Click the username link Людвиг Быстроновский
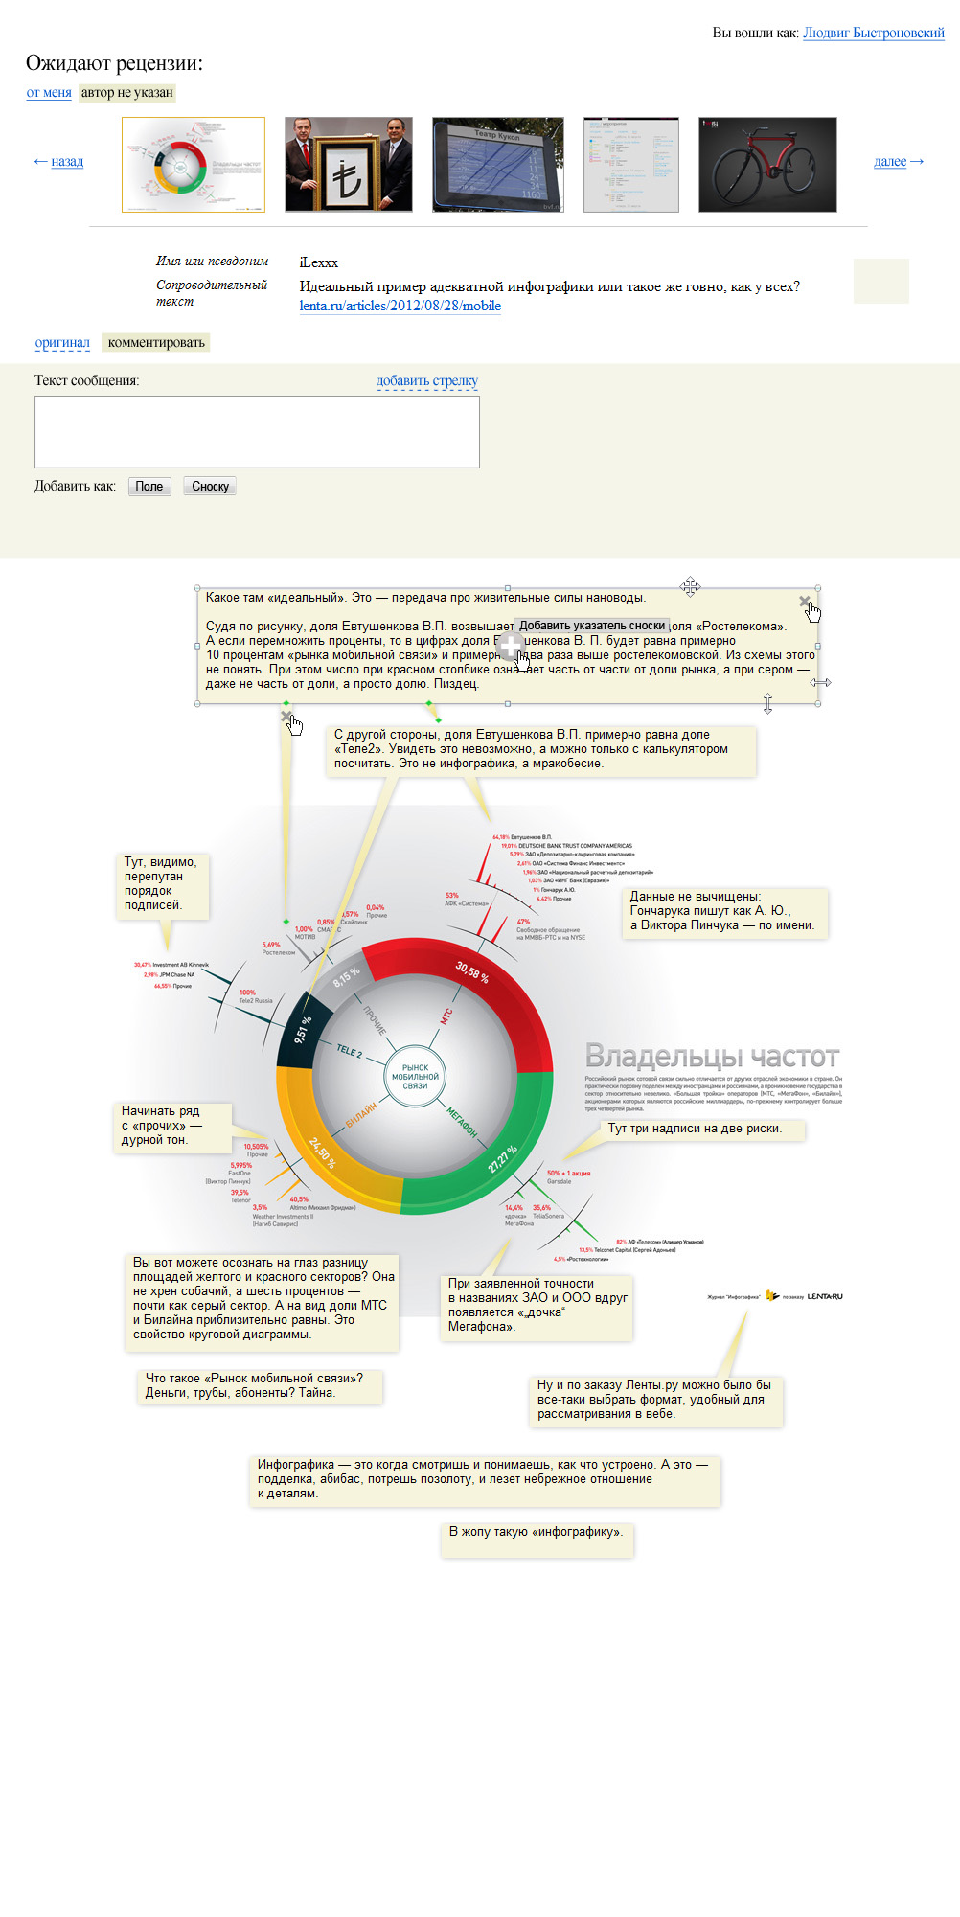[873, 33]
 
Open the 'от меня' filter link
[49, 93]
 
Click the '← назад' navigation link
[58, 161]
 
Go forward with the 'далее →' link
[899, 161]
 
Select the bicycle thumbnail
[767, 165]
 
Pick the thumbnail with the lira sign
[348, 165]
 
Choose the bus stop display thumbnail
[497, 165]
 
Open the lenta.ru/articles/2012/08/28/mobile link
[400, 306]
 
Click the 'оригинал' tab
[62, 343]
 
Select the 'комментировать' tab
[156, 343]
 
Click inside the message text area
[257, 432]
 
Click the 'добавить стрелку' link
[426, 380]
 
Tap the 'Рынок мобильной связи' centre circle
[415, 1077]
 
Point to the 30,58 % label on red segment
[472, 971]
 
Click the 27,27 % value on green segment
[502, 1158]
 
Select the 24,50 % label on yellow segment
[322, 1152]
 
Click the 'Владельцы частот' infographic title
[712, 1057]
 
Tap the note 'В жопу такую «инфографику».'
[537, 1532]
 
